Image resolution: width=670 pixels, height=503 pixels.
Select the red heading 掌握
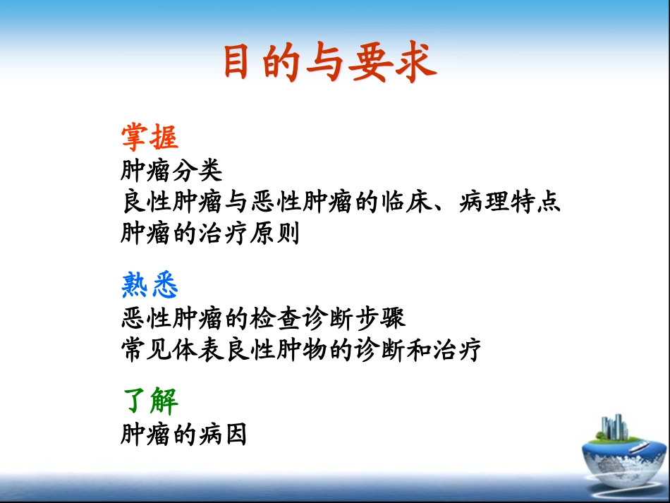pos(150,138)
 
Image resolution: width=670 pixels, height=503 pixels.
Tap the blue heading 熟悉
pos(150,286)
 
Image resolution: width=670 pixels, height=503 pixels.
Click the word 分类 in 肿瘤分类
pos(198,170)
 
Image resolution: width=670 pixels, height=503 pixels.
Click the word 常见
pos(147,350)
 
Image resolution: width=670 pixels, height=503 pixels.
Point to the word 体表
pos(198,350)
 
